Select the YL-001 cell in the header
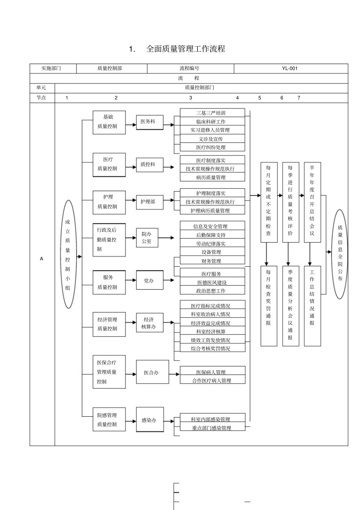coord(290,69)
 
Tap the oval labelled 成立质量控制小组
coord(68,254)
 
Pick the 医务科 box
coord(149,122)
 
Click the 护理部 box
coord(149,201)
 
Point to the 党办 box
coord(149,281)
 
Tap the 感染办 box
coord(149,420)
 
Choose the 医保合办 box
coord(152,373)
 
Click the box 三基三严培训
coord(212,113)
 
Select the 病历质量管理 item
coord(212,177)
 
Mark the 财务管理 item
coord(212,261)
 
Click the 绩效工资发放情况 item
coord(212,340)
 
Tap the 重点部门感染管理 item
coord(212,428)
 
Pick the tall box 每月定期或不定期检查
coord(269,202)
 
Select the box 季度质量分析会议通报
coord(290,306)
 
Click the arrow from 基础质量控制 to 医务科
coord(131,124)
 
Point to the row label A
coord(42,259)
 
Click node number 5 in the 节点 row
coord(260,98)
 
